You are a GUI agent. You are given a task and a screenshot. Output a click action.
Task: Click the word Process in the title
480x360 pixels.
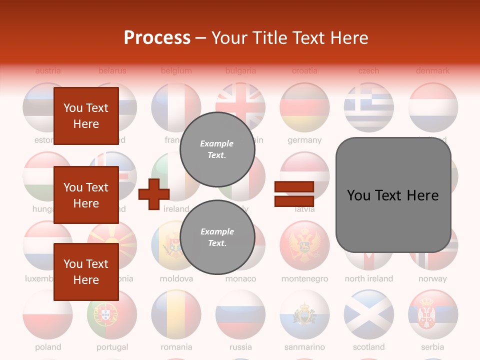(x=157, y=37)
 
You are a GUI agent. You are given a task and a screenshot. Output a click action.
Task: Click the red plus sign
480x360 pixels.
(x=153, y=194)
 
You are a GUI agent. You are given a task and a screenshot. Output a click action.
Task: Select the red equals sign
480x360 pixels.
(x=294, y=194)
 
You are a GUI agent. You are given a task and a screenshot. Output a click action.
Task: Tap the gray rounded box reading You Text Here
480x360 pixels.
(x=393, y=195)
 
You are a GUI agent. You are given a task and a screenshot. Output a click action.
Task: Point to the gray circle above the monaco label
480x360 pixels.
(x=217, y=237)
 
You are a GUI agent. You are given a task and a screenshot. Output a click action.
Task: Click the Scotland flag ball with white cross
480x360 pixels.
(x=368, y=314)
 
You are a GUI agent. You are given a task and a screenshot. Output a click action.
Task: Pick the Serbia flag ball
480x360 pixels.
(x=432, y=314)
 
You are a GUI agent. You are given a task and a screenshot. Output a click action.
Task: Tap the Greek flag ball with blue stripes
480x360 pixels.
(x=368, y=107)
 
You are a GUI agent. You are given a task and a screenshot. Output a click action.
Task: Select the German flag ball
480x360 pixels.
(x=304, y=107)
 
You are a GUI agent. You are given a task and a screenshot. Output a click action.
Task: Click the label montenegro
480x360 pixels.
(x=304, y=279)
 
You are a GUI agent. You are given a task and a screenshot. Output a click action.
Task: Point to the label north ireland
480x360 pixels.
(x=368, y=279)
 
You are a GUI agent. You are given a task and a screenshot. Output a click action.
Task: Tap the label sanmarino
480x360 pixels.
(x=304, y=347)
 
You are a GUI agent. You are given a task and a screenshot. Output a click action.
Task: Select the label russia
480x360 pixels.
(x=240, y=347)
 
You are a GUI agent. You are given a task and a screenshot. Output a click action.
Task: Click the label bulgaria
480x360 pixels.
(x=240, y=71)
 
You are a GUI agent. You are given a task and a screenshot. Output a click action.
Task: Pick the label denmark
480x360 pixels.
(x=432, y=71)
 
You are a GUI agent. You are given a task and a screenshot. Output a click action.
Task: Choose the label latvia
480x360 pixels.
(x=304, y=209)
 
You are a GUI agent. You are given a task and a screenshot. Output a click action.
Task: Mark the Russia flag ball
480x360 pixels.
(x=240, y=314)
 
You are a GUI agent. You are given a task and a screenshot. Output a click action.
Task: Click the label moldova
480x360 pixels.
(x=176, y=279)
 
